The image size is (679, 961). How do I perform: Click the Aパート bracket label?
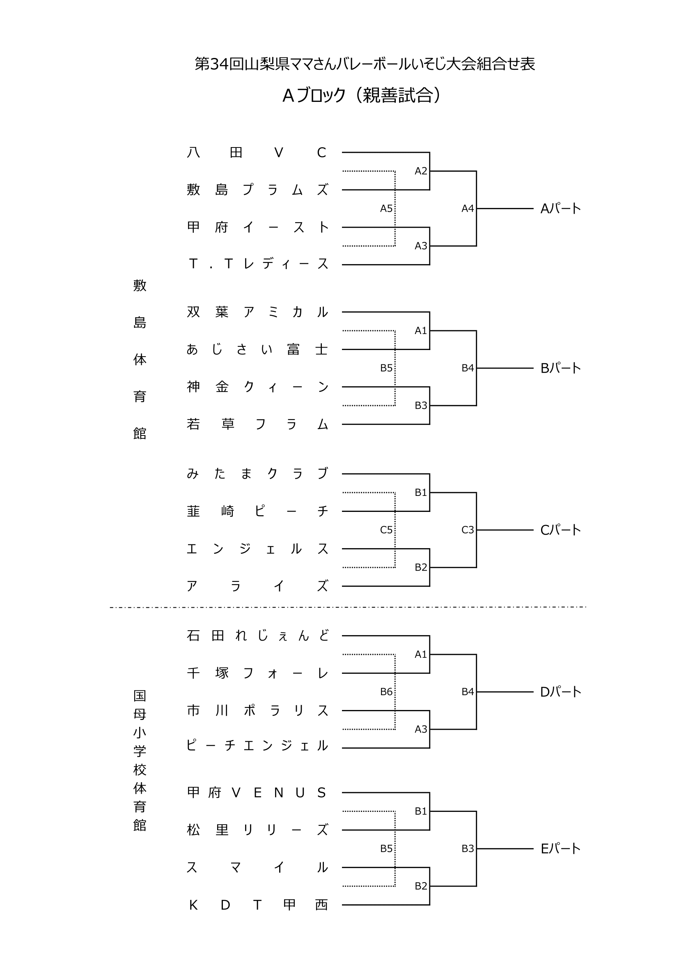(x=560, y=208)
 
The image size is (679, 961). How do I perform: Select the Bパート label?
(x=560, y=368)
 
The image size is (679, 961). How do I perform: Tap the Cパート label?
(x=560, y=530)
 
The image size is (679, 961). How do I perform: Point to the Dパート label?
(x=560, y=692)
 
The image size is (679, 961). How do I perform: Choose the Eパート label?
(x=560, y=848)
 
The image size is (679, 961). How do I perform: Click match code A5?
(x=386, y=208)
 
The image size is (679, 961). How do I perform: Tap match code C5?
(x=386, y=530)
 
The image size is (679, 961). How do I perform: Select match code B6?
(x=386, y=692)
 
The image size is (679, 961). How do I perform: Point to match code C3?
(x=468, y=530)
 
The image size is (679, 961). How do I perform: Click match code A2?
(x=421, y=171)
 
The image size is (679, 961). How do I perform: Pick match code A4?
(x=468, y=208)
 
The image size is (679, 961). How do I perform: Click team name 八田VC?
(x=257, y=152)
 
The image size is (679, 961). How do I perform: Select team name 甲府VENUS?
(x=257, y=792)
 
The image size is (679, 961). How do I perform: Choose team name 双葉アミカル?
(x=257, y=312)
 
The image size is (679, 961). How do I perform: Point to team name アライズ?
(x=257, y=586)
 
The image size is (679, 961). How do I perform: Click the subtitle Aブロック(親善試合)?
(x=362, y=96)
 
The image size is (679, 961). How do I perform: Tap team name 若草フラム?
(x=257, y=424)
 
